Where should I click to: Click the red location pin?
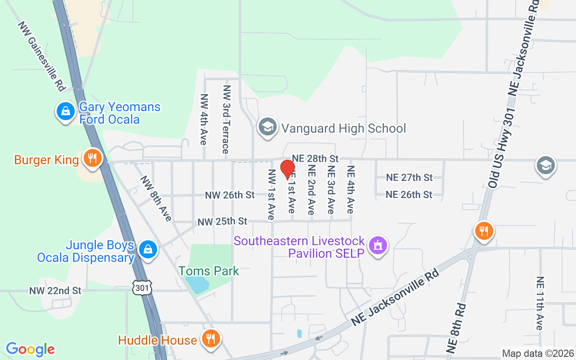pos(288,169)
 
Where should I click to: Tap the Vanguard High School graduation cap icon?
pos(267,127)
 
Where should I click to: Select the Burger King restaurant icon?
pos(92,159)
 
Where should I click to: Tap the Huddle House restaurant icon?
pos(210,338)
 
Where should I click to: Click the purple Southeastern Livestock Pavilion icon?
pos(378,246)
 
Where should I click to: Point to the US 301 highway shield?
pos(142,287)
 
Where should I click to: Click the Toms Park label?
pos(209,271)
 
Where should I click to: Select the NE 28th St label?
pos(315,158)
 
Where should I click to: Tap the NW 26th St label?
pos(229,195)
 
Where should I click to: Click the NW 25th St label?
pos(222,221)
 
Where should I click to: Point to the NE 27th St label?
pos(409,177)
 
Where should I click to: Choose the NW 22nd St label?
pos(55,291)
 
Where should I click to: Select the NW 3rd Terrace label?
pos(226,119)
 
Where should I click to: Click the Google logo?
pos(30,349)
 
